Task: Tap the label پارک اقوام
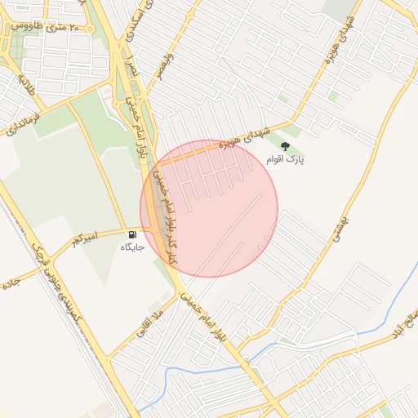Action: point(285,160)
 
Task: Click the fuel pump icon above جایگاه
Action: point(132,235)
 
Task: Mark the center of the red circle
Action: point(209,208)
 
